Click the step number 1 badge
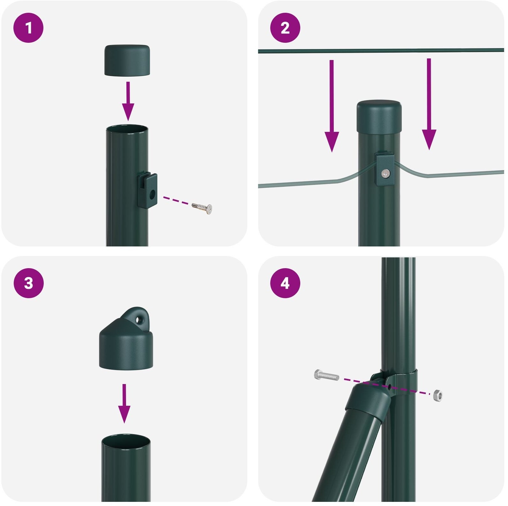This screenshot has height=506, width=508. click(28, 28)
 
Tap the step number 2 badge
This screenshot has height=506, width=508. click(285, 28)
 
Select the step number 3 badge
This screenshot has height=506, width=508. click(28, 283)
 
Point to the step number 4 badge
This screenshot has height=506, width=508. click(285, 283)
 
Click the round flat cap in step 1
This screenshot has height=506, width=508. click(127, 61)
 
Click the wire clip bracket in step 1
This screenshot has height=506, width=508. click(147, 191)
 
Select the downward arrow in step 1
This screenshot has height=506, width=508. click(128, 101)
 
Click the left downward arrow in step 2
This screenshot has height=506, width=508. click(332, 106)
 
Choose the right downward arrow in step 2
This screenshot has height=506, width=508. click(429, 104)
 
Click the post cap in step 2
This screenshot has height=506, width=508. click(379, 117)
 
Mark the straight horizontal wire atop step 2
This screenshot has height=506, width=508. click(381, 50)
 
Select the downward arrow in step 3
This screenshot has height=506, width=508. click(124, 404)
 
